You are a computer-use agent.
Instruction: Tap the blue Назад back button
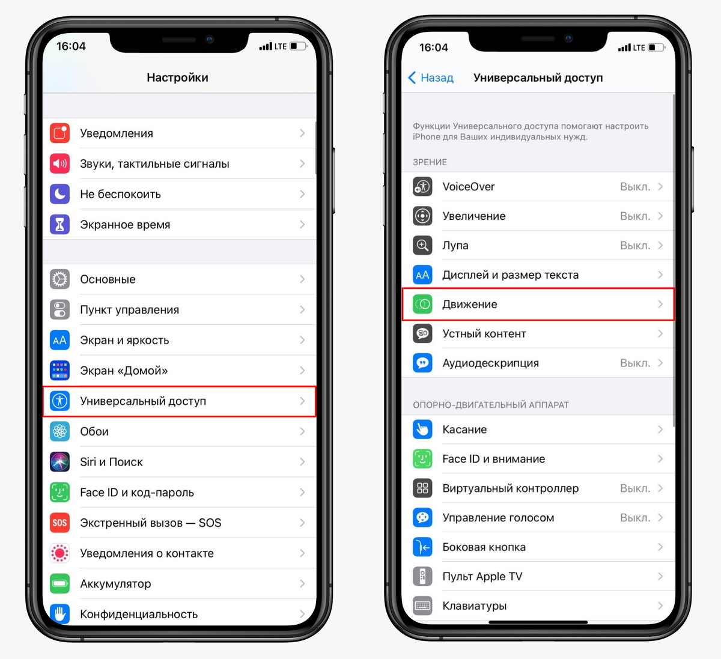[431, 77]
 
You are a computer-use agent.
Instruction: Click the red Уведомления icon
[59, 133]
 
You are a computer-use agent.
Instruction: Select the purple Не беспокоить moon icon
[59, 194]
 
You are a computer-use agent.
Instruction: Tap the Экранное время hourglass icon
[59, 225]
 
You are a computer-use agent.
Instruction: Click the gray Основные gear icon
[59, 279]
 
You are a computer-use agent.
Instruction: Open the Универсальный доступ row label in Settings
[143, 401]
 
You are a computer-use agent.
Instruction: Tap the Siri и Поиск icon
[59, 462]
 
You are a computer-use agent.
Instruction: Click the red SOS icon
[59, 523]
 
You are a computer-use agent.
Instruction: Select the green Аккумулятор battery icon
[59, 583]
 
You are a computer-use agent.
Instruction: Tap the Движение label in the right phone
[470, 304]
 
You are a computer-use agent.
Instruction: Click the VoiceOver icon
[422, 187]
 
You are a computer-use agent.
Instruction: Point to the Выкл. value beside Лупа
[635, 246]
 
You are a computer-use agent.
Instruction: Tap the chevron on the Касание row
[660, 430]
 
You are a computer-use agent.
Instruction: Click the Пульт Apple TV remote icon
[422, 576]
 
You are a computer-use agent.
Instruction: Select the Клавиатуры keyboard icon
[422, 606]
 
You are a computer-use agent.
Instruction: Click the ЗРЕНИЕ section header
[430, 162]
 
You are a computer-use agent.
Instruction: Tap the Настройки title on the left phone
[178, 77]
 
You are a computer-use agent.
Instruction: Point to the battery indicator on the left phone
[299, 46]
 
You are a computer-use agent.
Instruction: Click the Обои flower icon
[59, 431]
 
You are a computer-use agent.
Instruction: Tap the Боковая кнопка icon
[422, 547]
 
